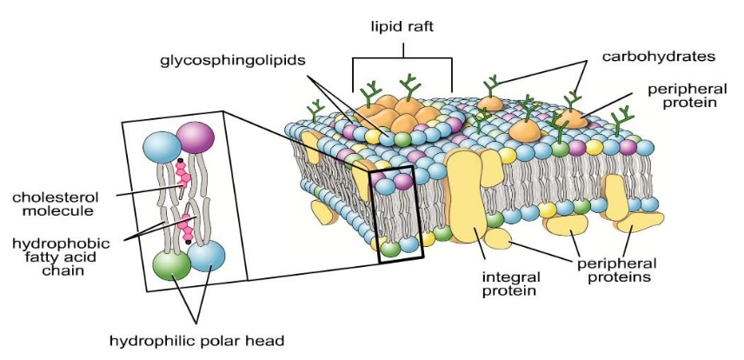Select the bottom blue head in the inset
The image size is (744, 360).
point(205,258)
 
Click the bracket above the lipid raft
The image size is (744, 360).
point(402,59)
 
